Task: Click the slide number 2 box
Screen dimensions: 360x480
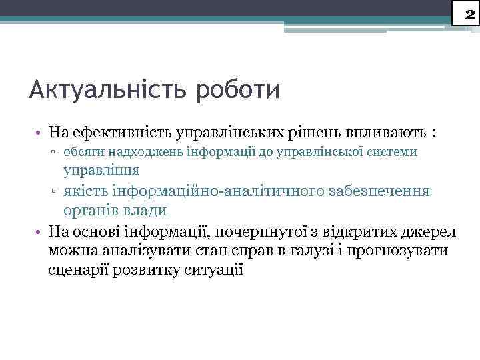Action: pos(466,12)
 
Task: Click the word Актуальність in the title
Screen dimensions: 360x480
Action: pos(107,89)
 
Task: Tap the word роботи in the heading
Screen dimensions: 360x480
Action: pos(237,89)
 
